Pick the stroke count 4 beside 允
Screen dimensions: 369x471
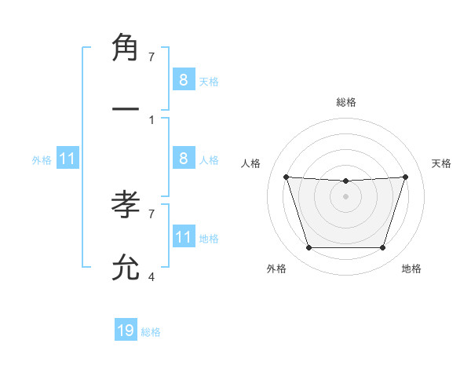tap(152, 276)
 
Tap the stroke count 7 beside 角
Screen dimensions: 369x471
tap(152, 57)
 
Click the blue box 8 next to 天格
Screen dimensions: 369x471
tap(184, 80)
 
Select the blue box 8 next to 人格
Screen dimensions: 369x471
tap(184, 159)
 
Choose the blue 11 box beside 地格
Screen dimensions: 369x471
tap(184, 238)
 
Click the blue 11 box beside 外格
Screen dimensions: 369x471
tap(68, 159)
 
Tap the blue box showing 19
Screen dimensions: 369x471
tap(126, 331)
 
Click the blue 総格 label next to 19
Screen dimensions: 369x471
tap(151, 332)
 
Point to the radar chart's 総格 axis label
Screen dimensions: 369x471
tap(345, 103)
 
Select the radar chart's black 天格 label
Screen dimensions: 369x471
tap(441, 163)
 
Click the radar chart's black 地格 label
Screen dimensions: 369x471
tap(411, 269)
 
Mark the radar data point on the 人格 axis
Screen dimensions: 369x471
tap(286, 177)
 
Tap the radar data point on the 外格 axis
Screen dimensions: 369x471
tap(309, 248)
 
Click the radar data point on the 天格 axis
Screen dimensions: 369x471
tap(405, 177)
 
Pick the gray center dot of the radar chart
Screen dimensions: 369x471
tap(345, 196)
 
